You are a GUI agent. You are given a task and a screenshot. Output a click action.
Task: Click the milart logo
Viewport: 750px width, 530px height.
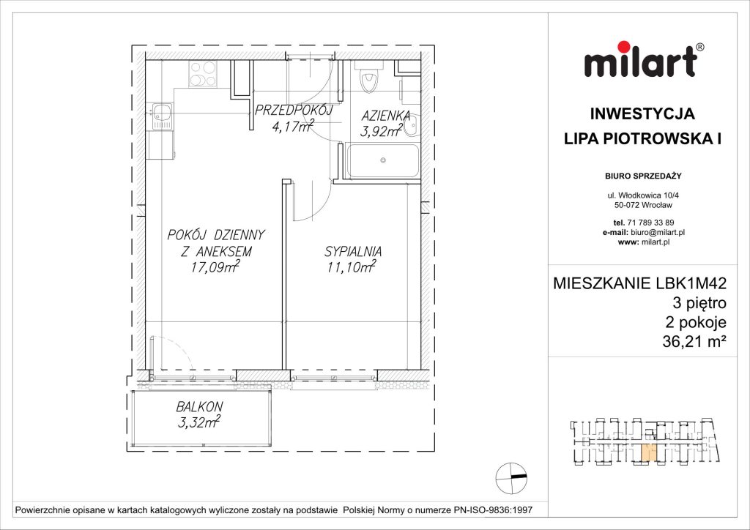[644, 61]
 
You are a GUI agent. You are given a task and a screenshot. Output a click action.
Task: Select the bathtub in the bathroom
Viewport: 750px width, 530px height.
[382, 161]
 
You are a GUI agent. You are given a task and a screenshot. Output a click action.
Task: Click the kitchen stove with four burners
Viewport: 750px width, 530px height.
[201, 73]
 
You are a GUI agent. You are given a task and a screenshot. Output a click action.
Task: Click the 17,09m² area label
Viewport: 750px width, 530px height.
[215, 268]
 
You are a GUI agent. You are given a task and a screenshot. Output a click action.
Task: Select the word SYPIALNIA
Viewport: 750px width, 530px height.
[354, 252]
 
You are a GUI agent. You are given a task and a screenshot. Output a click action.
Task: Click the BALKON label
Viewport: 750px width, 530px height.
[199, 406]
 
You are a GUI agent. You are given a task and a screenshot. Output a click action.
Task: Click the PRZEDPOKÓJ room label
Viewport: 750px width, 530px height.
[292, 111]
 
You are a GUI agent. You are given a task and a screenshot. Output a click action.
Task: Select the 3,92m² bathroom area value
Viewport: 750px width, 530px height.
[382, 131]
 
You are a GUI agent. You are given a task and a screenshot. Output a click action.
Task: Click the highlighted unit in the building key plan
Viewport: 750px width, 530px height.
[645, 454]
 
